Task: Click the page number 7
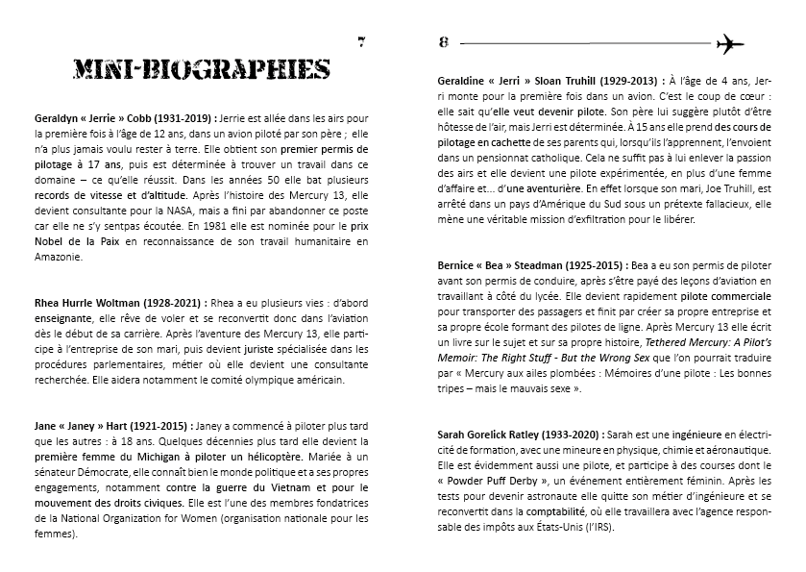tap(361, 41)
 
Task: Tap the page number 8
tap(444, 41)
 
